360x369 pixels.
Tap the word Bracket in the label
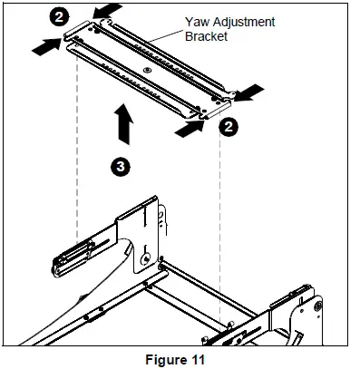[x=206, y=36]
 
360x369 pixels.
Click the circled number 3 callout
[x=121, y=166]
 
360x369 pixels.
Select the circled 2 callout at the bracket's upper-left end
[x=59, y=16]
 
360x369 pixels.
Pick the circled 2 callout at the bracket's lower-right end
[x=229, y=127]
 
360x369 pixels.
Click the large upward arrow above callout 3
[x=123, y=124]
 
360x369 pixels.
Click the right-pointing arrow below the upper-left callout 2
[x=47, y=47]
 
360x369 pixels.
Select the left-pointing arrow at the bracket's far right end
[x=248, y=92]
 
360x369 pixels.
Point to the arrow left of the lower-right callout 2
[x=190, y=129]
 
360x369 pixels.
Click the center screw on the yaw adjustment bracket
[x=147, y=70]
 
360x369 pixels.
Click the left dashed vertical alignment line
[x=77, y=148]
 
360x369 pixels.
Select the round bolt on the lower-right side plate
[x=318, y=306]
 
